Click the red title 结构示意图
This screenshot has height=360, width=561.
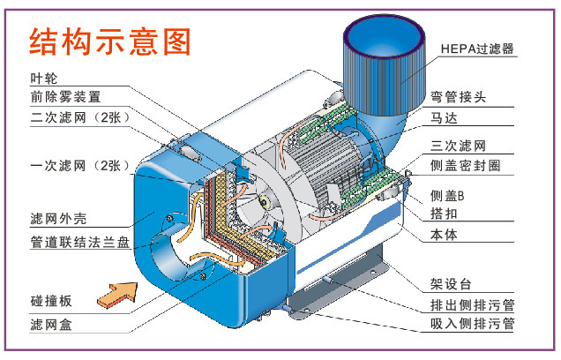coord(110,41)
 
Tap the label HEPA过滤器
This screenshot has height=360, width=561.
coord(477,49)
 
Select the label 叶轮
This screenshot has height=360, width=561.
coord(43,79)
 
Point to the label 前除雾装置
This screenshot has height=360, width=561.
coord(65,97)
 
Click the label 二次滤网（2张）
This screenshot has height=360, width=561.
coord(80,117)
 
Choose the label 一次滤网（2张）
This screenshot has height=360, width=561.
coord(80,166)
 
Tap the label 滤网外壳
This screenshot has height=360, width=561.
coord(58,218)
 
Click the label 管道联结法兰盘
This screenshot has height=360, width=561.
coord(79,243)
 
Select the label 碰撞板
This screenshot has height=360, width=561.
coord(51,301)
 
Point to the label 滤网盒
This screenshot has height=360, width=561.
coord(51,325)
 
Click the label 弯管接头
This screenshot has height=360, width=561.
coord(458,97)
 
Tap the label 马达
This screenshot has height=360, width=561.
coord(444,117)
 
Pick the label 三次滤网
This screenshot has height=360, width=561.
coord(458,146)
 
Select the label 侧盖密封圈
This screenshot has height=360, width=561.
coord(465,166)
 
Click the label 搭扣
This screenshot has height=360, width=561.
coord(444,214)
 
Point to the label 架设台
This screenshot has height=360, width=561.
coord(451,284)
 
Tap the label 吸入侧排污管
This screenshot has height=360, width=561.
coord(472,324)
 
